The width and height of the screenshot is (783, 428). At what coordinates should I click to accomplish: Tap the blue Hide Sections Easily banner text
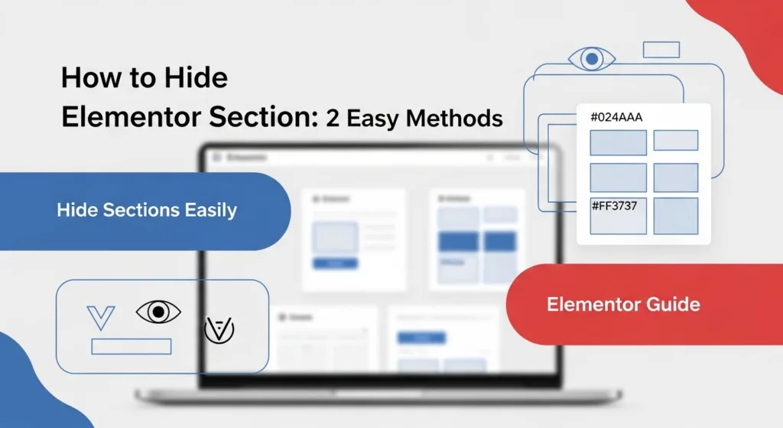147,210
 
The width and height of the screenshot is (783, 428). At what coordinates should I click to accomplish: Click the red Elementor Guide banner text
623,304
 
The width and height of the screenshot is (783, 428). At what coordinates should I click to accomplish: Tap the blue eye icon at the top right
592,58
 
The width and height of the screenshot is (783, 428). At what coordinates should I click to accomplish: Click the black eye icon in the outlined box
158,312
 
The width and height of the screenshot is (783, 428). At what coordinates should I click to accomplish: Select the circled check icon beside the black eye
219,329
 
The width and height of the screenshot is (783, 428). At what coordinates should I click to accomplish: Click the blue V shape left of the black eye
101,316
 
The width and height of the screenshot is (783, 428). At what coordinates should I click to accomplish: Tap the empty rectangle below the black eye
131,346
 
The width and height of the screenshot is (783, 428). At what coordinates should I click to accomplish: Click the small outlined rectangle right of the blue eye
661,50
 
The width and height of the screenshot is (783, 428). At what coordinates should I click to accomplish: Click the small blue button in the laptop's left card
335,263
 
